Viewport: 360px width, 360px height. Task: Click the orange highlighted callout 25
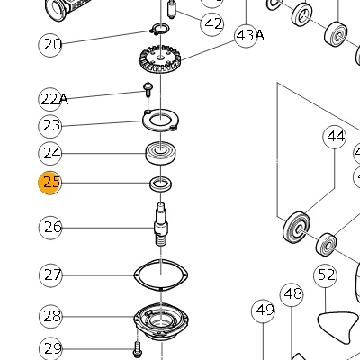coord(49,183)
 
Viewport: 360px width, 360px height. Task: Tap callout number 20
coord(50,45)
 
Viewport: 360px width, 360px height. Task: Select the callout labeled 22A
coord(51,99)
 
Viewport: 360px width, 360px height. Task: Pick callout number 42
coord(212,24)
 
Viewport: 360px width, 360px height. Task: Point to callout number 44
coord(335,137)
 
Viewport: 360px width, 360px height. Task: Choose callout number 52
coord(326,274)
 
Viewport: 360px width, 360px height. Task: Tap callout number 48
coord(292,294)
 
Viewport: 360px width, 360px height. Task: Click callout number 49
coord(263,310)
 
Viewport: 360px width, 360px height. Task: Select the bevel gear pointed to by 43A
coord(160,59)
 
